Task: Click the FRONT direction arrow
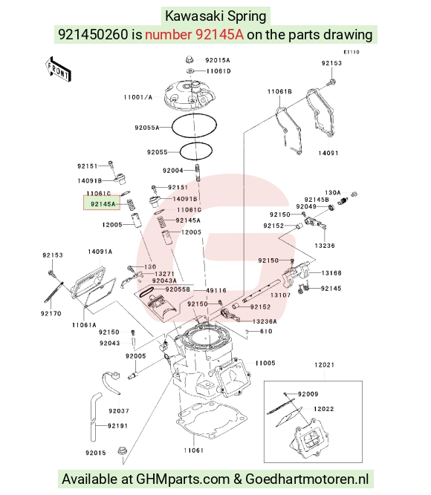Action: coord(58,70)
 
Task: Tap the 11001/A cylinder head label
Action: coord(138,97)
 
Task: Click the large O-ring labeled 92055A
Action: coord(194,125)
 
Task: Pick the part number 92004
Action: coord(173,171)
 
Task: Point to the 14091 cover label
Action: coord(328,153)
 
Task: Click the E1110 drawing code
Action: coord(351,52)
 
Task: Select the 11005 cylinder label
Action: coord(265,363)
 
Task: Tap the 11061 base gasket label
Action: coord(193,450)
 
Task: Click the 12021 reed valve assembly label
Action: coord(324,365)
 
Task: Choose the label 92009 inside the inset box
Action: coord(308,394)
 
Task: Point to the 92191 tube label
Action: coord(117,426)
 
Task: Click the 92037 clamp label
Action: coord(119,411)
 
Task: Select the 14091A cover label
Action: coord(100,252)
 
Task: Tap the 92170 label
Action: coord(51,313)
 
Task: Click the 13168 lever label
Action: coord(331,273)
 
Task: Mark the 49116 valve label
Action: coord(216,290)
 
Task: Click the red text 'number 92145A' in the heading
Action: coord(194,34)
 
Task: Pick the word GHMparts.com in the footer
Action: coord(183,479)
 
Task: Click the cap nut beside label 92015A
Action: coord(189,59)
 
